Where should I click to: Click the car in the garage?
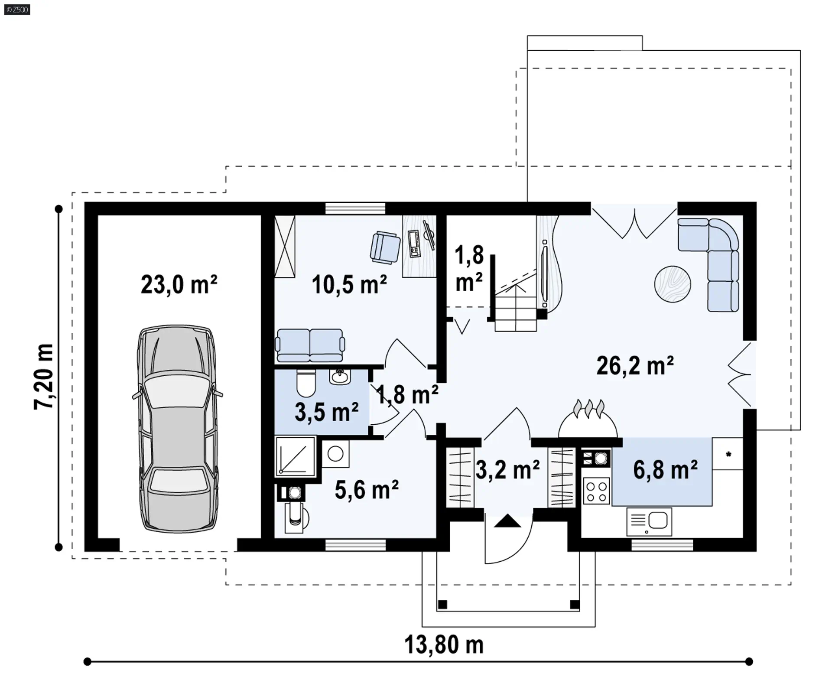(x=178, y=429)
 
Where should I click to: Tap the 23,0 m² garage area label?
(x=179, y=285)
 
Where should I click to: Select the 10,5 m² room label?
(x=349, y=285)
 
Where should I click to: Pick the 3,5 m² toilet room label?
(x=326, y=412)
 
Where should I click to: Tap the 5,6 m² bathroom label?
(x=367, y=490)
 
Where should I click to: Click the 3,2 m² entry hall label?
(x=507, y=469)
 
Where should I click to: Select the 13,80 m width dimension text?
(x=444, y=644)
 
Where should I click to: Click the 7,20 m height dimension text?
(x=44, y=377)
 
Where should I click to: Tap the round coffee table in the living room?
(x=673, y=284)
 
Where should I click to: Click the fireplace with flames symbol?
(x=588, y=419)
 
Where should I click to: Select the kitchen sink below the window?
(x=649, y=522)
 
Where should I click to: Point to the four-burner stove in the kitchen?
(x=596, y=491)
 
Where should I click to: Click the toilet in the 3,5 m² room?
(x=306, y=382)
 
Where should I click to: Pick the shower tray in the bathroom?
(x=295, y=456)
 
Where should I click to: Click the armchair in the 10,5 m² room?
(x=385, y=247)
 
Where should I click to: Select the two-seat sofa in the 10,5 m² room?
(x=310, y=345)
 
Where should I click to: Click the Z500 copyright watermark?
(x=17, y=9)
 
